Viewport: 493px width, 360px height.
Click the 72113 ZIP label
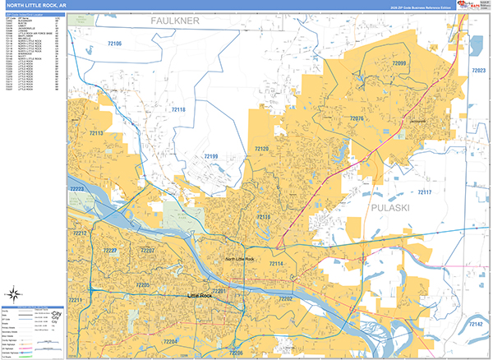click(x=95, y=133)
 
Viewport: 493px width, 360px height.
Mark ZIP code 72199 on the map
click(x=210, y=155)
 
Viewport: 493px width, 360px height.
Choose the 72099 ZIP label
click(x=399, y=63)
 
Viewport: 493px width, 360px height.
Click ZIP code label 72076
click(x=357, y=119)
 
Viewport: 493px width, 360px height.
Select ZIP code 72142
click(x=475, y=325)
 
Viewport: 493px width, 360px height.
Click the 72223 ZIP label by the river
click(x=77, y=189)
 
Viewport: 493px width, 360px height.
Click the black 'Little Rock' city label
click(x=200, y=295)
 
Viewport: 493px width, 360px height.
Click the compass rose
click(x=14, y=293)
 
